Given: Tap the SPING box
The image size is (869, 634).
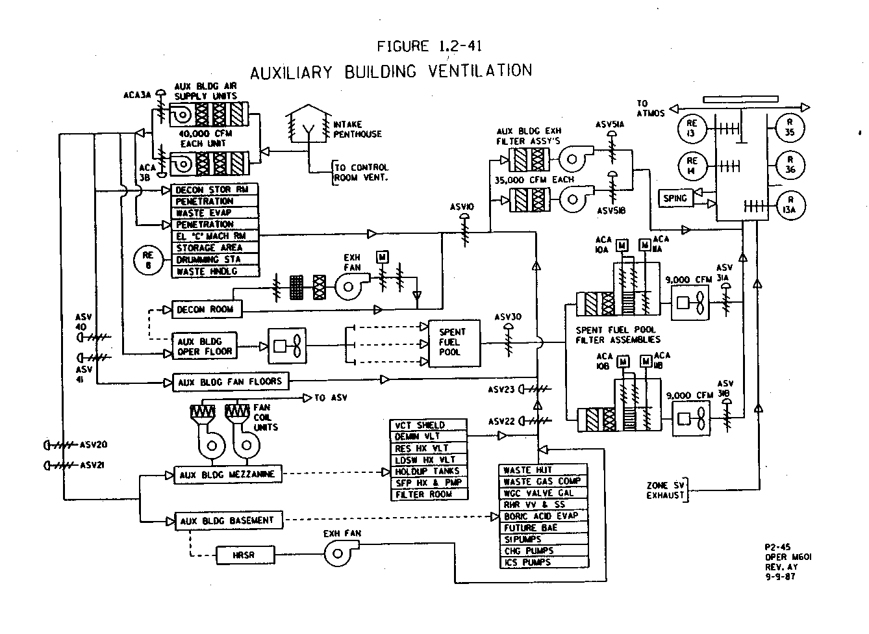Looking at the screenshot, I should [x=675, y=198].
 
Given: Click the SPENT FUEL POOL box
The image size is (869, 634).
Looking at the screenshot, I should [x=451, y=342].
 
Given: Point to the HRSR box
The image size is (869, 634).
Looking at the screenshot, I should [x=244, y=555].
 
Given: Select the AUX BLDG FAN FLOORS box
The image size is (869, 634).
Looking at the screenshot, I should [x=230, y=382].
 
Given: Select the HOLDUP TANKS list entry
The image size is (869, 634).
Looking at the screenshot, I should [x=427, y=471].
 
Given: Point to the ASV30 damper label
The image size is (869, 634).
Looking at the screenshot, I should [x=507, y=317].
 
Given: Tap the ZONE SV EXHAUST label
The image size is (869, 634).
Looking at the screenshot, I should [x=666, y=490].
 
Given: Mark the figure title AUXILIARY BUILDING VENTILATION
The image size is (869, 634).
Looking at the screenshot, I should [x=391, y=71].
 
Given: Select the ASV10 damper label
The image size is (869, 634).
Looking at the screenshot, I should [x=462, y=207].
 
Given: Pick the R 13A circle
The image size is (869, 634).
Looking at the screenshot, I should [x=790, y=205].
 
